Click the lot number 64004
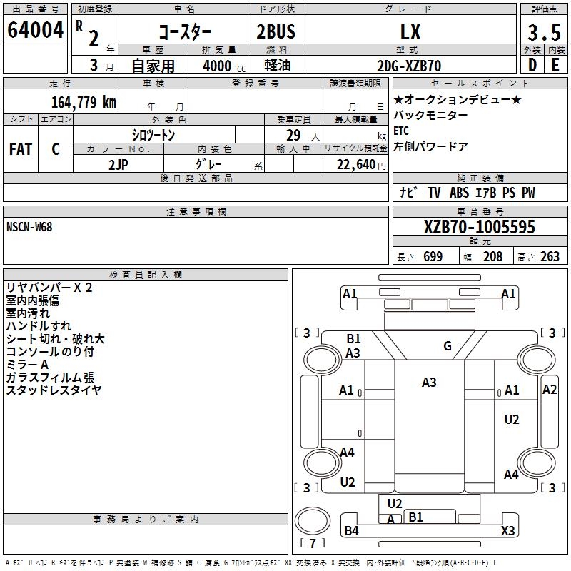click(35, 31)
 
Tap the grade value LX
click(410, 31)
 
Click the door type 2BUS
click(276, 31)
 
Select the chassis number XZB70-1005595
click(479, 228)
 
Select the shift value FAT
click(20, 149)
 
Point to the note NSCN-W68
click(29, 227)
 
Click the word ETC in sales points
click(401, 131)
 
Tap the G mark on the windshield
click(448, 346)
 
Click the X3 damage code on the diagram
click(508, 530)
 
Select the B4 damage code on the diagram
click(351, 530)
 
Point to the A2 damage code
click(550, 389)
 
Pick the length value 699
click(433, 257)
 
